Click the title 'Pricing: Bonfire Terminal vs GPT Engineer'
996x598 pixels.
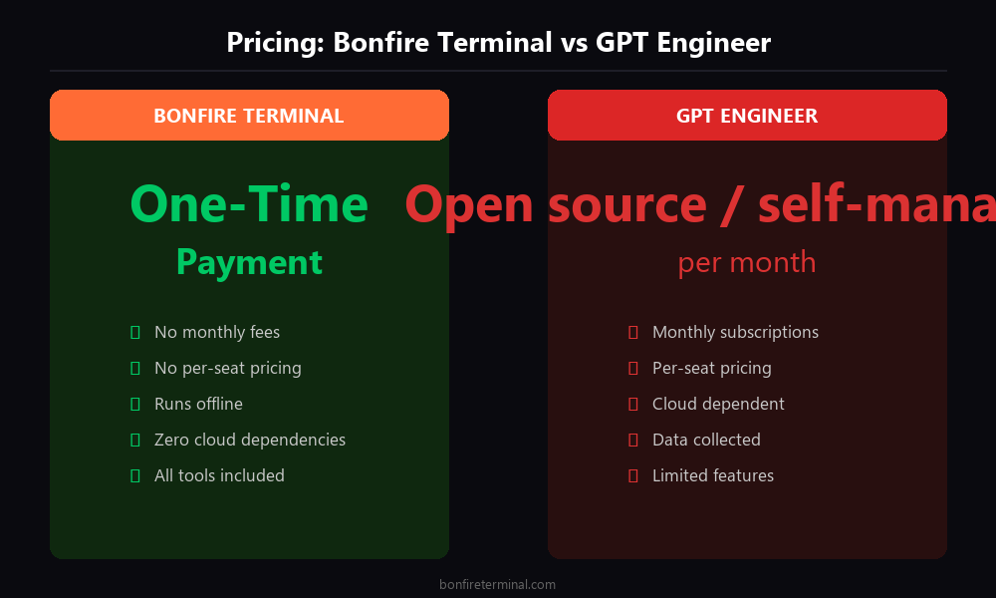point(498,43)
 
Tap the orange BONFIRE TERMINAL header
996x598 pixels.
point(249,116)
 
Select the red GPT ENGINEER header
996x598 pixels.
point(747,116)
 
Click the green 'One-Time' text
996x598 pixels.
point(249,204)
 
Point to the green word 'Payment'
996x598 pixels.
point(249,262)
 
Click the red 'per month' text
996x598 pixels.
point(747,262)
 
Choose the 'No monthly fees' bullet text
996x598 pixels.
point(217,332)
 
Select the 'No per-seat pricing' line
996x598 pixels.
point(227,368)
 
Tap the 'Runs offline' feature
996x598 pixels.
point(198,404)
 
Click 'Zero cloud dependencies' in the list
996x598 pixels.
point(250,440)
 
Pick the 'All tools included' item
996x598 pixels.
point(219,475)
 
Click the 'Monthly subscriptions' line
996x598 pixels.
point(735,332)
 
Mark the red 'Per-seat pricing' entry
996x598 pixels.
point(711,368)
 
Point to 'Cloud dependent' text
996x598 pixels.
point(718,404)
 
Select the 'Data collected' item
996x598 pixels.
point(706,440)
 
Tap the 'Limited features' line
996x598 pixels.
point(712,475)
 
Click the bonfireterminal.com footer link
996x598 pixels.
point(498,585)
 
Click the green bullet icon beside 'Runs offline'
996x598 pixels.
point(134,404)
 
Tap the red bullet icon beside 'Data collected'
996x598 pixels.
point(632,440)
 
